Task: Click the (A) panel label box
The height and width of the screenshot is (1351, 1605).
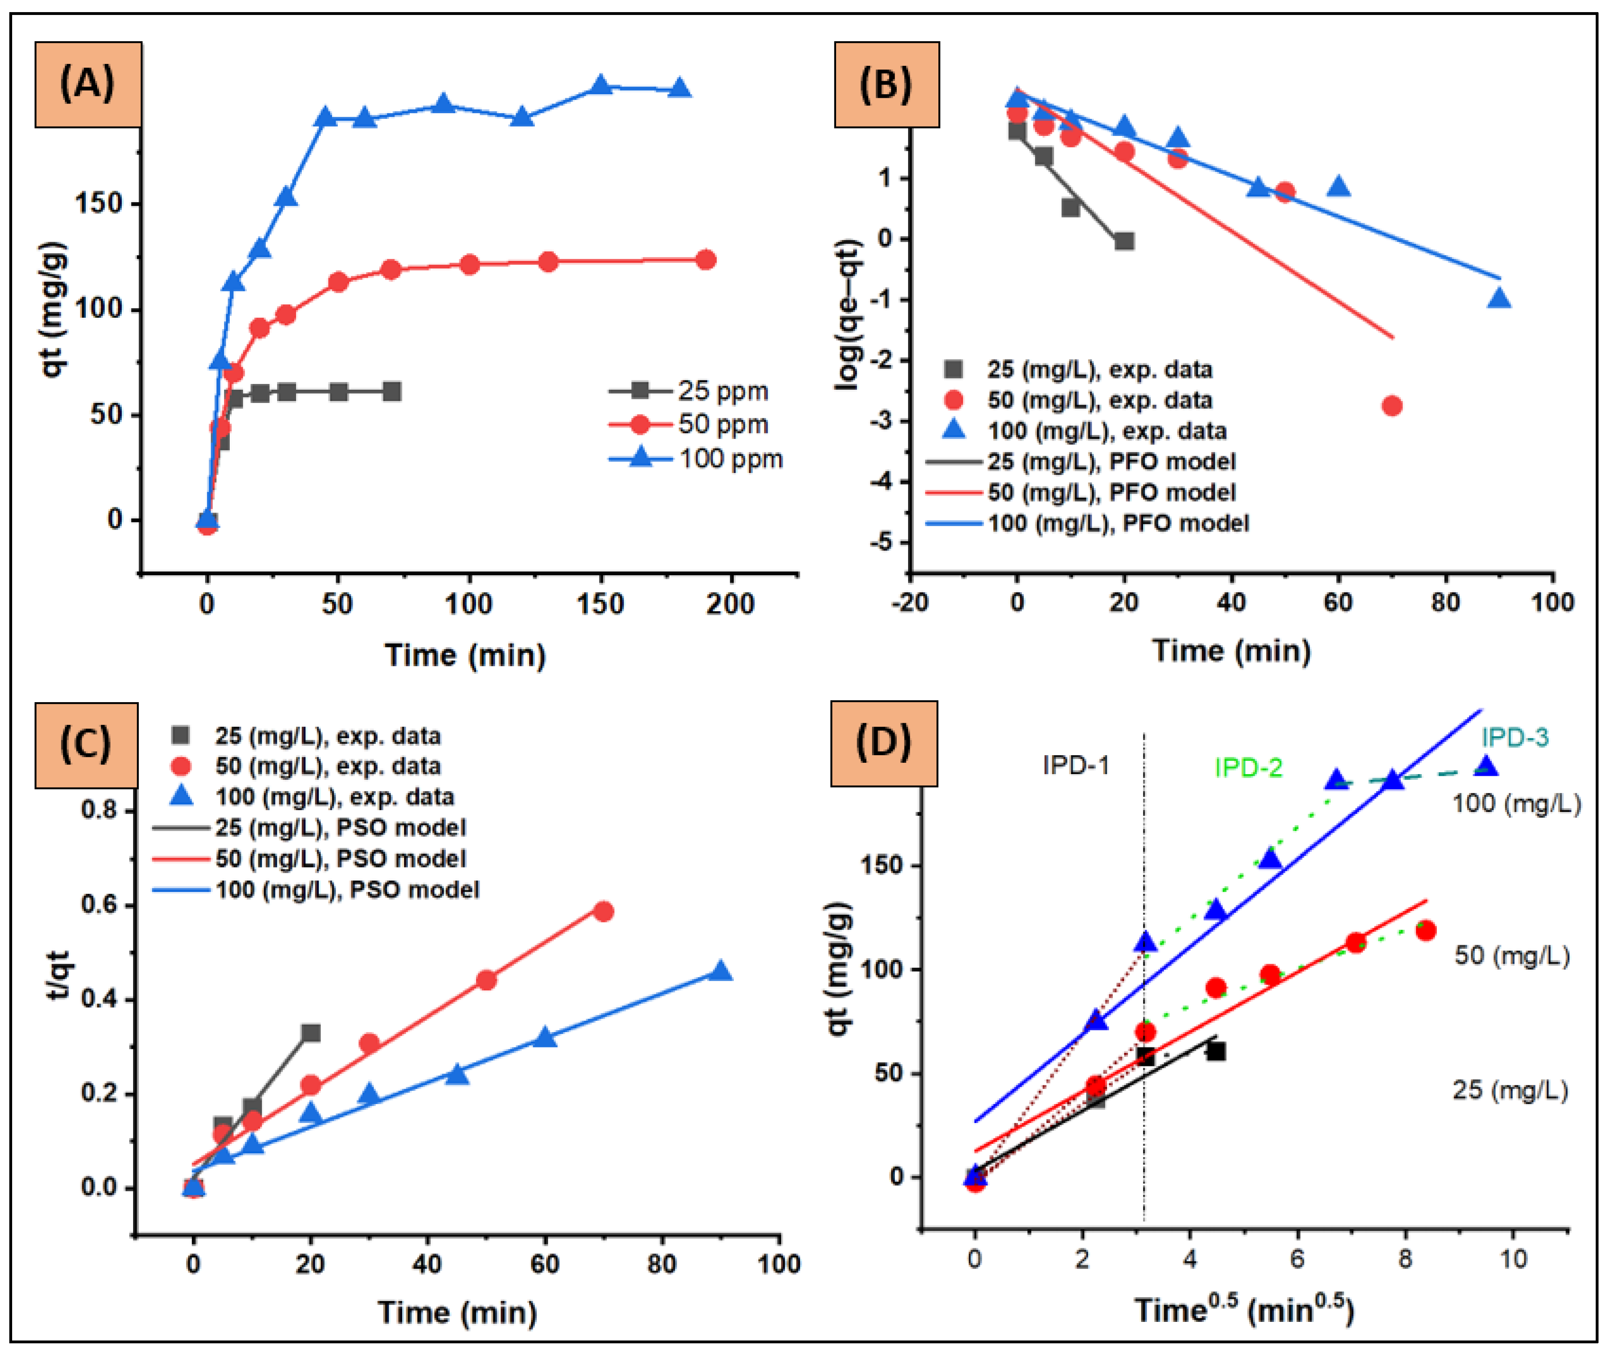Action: click(87, 84)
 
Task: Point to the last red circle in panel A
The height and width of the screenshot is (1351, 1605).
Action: click(705, 260)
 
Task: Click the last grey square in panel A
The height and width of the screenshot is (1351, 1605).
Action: click(392, 392)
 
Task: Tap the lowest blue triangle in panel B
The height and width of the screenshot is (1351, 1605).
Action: click(1499, 298)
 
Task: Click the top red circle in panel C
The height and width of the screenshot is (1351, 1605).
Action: click(603, 912)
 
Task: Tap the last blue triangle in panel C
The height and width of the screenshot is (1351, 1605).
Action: click(720, 971)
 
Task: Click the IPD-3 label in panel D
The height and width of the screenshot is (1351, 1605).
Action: click(1515, 737)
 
